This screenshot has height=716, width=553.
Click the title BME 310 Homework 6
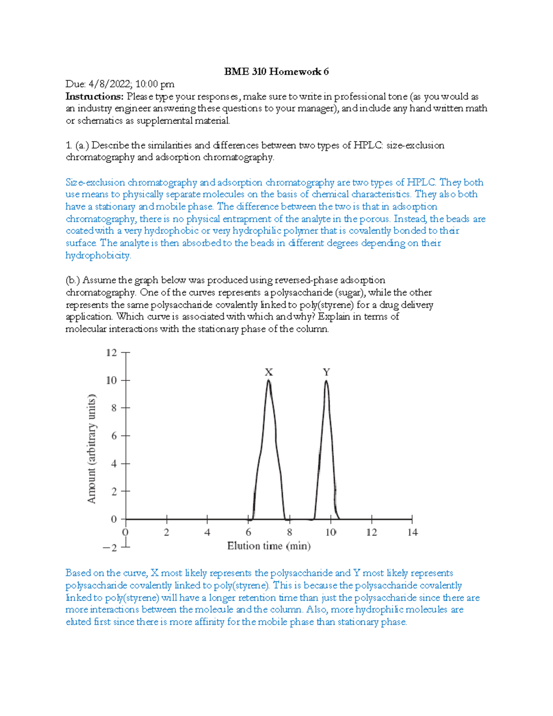pos(276,71)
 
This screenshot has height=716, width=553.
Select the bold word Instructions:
pos(94,96)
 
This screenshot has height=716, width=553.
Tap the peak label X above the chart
pos(269,372)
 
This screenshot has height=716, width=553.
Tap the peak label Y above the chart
pos(326,372)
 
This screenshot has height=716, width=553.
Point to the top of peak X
pos(269,380)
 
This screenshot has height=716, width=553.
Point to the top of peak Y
pos(326,380)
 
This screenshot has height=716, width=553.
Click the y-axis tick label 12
pos(112,353)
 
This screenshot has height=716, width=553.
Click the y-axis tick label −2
pos(110,548)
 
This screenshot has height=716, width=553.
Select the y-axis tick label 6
pos(114,436)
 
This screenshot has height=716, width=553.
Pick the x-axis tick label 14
pos(412,533)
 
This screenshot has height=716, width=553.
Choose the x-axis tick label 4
pos(207,533)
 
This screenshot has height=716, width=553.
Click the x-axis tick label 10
pos(330,533)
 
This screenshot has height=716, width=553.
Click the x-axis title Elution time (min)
pos(269,546)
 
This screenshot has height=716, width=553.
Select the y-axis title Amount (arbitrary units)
pos(92,449)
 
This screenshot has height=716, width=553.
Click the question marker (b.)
pos(73,280)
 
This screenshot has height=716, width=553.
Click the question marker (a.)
pos(82,145)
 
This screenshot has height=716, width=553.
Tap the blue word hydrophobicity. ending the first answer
pos(98,255)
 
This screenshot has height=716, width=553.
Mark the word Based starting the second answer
pos(78,573)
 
